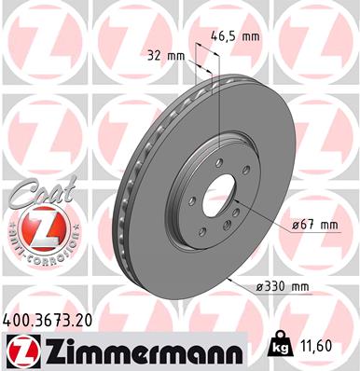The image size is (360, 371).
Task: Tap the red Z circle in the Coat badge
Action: pyautogui.click(x=39, y=227)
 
